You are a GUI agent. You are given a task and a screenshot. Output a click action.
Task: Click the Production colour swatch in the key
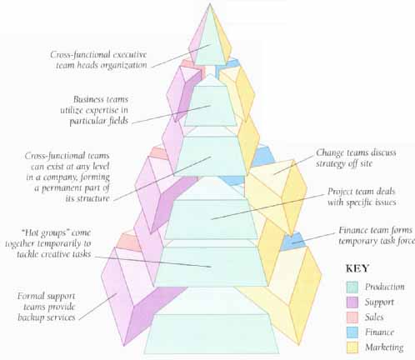pos(352,287)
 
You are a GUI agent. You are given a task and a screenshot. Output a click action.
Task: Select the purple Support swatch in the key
pos(352,302)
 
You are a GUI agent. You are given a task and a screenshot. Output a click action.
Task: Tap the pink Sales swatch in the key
pos(352,317)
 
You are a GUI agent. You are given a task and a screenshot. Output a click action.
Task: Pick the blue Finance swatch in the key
pos(352,332)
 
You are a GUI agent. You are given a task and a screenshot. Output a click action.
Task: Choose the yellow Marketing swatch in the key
pos(352,347)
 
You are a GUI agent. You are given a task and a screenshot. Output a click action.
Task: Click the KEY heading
pos(357,268)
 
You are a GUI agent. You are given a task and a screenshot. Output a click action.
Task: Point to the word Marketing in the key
pos(384,347)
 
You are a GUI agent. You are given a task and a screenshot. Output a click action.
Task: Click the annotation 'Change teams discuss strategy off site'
pos(356,157)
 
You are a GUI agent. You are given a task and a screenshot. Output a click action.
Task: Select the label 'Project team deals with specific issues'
pos(362,197)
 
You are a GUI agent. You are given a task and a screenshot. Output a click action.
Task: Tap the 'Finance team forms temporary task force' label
pos(377,236)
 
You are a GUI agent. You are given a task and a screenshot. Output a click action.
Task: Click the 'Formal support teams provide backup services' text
pos(47,307)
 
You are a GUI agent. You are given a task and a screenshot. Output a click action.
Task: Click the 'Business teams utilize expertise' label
pos(94,110)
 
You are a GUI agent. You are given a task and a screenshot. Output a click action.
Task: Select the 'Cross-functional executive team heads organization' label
pos(98,60)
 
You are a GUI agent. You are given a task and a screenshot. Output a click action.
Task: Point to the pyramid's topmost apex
pos(210,3)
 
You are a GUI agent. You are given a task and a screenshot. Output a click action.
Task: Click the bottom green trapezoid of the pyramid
pos(212,334)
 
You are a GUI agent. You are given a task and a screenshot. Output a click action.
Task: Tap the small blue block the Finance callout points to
pos(292,241)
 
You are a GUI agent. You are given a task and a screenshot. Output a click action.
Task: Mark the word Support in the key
pos(379,302)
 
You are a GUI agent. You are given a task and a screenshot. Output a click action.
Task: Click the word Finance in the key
pos(379,332)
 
